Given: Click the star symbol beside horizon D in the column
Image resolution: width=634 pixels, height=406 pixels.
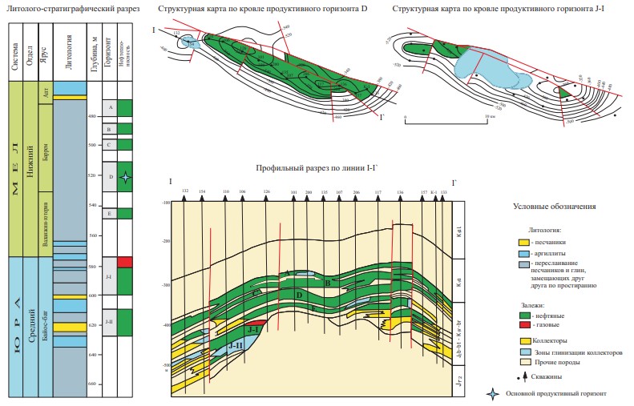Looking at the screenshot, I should point(123,178).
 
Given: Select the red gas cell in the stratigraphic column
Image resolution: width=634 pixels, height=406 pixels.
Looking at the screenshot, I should point(124,262).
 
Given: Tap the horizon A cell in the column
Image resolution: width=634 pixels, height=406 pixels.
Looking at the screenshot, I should point(110,107).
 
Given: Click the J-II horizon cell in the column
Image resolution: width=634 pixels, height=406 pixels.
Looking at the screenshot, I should point(110,322).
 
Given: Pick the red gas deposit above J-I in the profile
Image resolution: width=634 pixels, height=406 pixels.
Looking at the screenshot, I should point(255,323).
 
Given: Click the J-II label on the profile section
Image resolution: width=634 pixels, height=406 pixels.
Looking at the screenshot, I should point(236,345).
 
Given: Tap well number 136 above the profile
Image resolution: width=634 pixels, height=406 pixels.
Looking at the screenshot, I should point(400,193).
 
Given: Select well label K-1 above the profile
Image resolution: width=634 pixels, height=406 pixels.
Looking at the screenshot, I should point(434,193).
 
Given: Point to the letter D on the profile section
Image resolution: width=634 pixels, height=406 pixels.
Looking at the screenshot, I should point(298,295).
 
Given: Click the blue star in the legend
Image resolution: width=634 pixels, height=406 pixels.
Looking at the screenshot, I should point(493,394).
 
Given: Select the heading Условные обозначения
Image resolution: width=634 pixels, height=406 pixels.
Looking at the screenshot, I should point(554,207).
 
